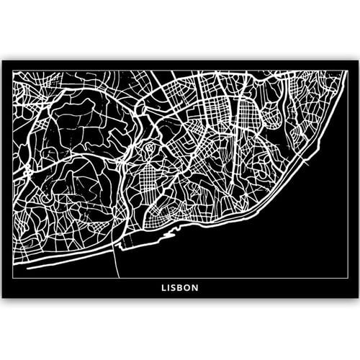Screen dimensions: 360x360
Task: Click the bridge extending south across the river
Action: click(x=116, y=263)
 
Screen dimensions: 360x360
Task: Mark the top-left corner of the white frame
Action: click(x=13, y=70)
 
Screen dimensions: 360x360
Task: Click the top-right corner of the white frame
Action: click(x=347, y=70)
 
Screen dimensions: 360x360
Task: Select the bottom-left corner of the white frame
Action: click(x=13, y=278)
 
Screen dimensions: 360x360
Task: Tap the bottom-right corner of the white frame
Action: click(x=347, y=278)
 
